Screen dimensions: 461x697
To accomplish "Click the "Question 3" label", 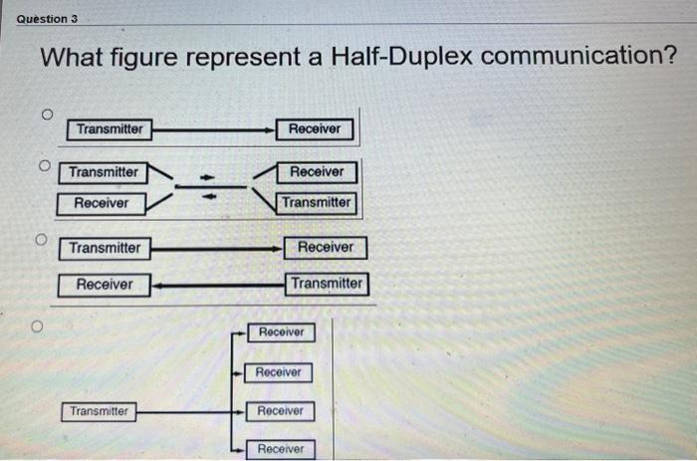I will tap(48, 19).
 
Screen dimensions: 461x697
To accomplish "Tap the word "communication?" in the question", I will tap(578, 56).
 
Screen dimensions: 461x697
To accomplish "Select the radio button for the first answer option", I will tap(47, 115).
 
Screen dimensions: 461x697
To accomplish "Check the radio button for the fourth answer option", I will tap(37, 326).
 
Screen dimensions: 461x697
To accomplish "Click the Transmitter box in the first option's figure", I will tap(110, 128).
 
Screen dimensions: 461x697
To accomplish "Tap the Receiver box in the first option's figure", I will tap(315, 128).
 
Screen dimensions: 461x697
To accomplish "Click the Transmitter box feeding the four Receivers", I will tap(99, 411).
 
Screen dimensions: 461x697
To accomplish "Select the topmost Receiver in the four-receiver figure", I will tap(281, 333).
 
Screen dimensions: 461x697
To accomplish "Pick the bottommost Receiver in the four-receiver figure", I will tap(281, 449).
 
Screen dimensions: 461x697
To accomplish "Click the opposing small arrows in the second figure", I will tap(209, 187).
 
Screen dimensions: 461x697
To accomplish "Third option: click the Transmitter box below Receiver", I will tap(328, 283).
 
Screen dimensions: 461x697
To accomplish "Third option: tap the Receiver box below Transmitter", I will tap(105, 285).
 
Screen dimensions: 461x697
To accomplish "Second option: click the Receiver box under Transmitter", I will tap(102, 203).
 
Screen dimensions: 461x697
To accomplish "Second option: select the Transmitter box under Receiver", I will tap(316, 202).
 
